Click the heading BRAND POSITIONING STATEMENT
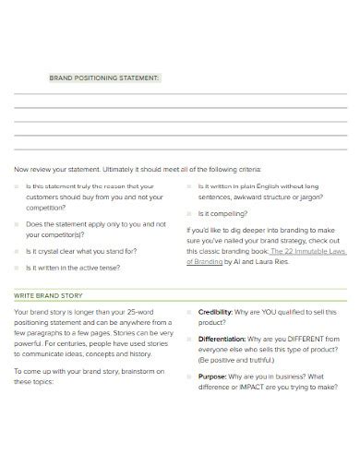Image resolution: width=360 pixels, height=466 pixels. [x=103, y=78]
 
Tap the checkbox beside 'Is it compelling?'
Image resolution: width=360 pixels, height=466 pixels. [x=189, y=212]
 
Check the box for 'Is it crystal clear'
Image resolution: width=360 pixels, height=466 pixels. [x=18, y=251]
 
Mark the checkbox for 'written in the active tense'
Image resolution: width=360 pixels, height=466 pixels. [x=18, y=268]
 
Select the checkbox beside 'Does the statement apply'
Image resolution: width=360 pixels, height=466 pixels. [x=18, y=224]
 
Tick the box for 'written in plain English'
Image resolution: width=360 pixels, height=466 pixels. [x=189, y=185]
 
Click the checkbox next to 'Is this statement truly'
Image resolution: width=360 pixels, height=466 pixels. [x=18, y=185]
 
